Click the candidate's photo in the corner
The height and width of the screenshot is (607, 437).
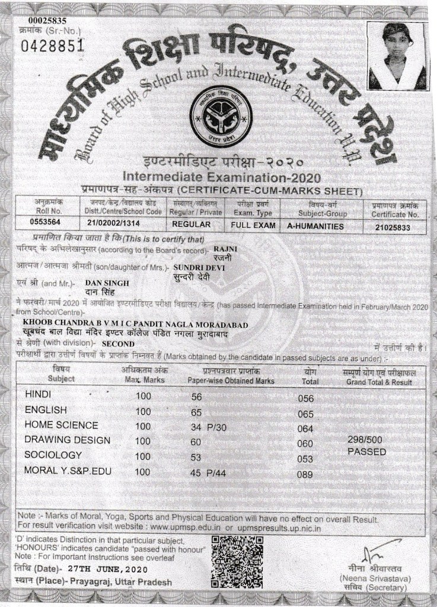[396, 56]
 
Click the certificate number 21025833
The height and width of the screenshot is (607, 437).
[393, 226]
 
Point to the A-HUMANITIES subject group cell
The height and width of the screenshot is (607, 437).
[315, 226]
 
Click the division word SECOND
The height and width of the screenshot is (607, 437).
[119, 344]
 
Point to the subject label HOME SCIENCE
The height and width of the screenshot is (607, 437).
[61, 425]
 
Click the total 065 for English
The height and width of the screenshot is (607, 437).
[305, 414]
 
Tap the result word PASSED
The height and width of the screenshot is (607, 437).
[366, 452]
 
